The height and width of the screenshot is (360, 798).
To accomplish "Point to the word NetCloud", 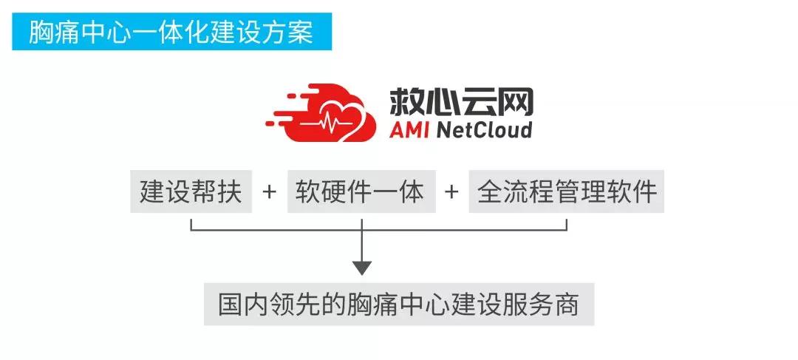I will pyautogui.click(x=484, y=130).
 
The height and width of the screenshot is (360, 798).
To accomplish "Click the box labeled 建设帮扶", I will pyautogui.click(x=191, y=191).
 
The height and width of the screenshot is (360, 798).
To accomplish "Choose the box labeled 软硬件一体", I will pyautogui.click(x=361, y=191).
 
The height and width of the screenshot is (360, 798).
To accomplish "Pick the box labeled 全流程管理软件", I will pyautogui.click(x=567, y=191).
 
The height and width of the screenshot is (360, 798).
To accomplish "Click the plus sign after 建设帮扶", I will pyautogui.click(x=270, y=191).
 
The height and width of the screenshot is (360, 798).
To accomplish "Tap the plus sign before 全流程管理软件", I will pyautogui.click(x=451, y=191).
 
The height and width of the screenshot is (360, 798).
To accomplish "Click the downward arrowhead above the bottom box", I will pyautogui.click(x=361, y=267).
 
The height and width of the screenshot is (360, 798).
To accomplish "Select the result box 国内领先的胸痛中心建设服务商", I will pyautogui.click(x=399, y=305).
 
